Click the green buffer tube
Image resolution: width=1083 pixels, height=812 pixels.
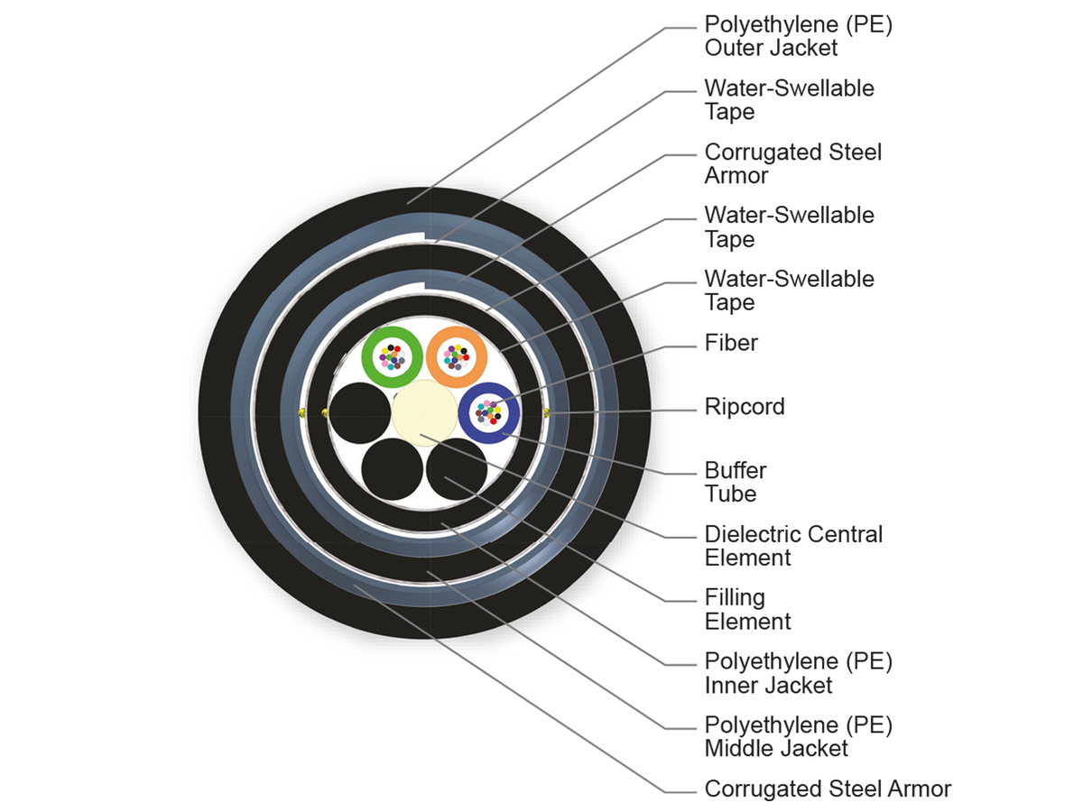coord(373,356)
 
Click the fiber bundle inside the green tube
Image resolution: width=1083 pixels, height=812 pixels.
coord(393,357)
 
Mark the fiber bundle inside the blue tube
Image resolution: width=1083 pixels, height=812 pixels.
coord(488,413)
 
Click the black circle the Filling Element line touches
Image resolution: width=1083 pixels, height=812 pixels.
coord(457,470)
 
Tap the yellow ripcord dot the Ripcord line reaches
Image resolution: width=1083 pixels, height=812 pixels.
coord(548,413)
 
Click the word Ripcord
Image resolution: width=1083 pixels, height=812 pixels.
coord(745,406)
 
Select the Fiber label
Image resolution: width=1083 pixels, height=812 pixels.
coord(731,343)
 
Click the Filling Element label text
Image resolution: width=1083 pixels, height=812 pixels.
coord(747,609)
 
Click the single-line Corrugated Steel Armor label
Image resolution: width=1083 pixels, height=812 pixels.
coord(828,789)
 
